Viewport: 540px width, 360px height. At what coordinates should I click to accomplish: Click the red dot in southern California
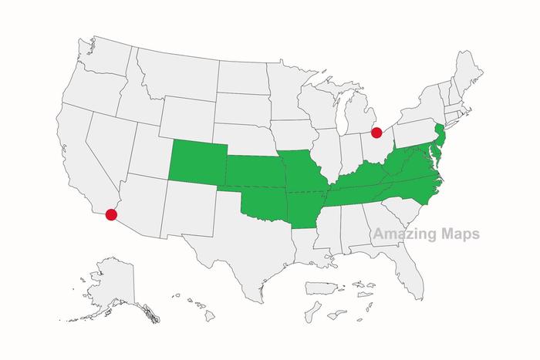click(111, 214)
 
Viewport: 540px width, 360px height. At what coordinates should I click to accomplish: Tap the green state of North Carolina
click(410, 189)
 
